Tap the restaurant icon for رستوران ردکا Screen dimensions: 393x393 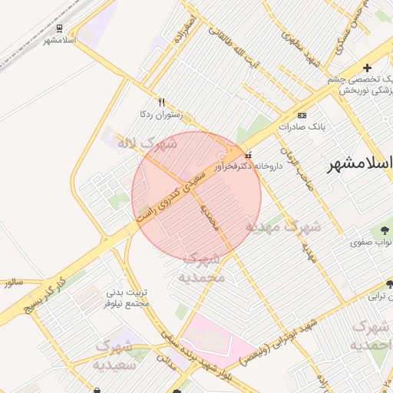click(x=161, y=102)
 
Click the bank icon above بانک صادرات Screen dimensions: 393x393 click(x=302, y=115)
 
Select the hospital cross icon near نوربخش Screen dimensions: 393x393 click(x=367, y=68)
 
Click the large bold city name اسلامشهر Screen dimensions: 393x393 click(x=360, y=163)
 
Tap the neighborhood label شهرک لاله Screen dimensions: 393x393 click(x=147, y=143)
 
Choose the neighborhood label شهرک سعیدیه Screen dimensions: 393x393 click(x=114, y=355)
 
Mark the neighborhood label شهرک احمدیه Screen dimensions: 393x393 click(x=370, y=336)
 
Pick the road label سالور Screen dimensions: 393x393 click(x=13, y=282)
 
